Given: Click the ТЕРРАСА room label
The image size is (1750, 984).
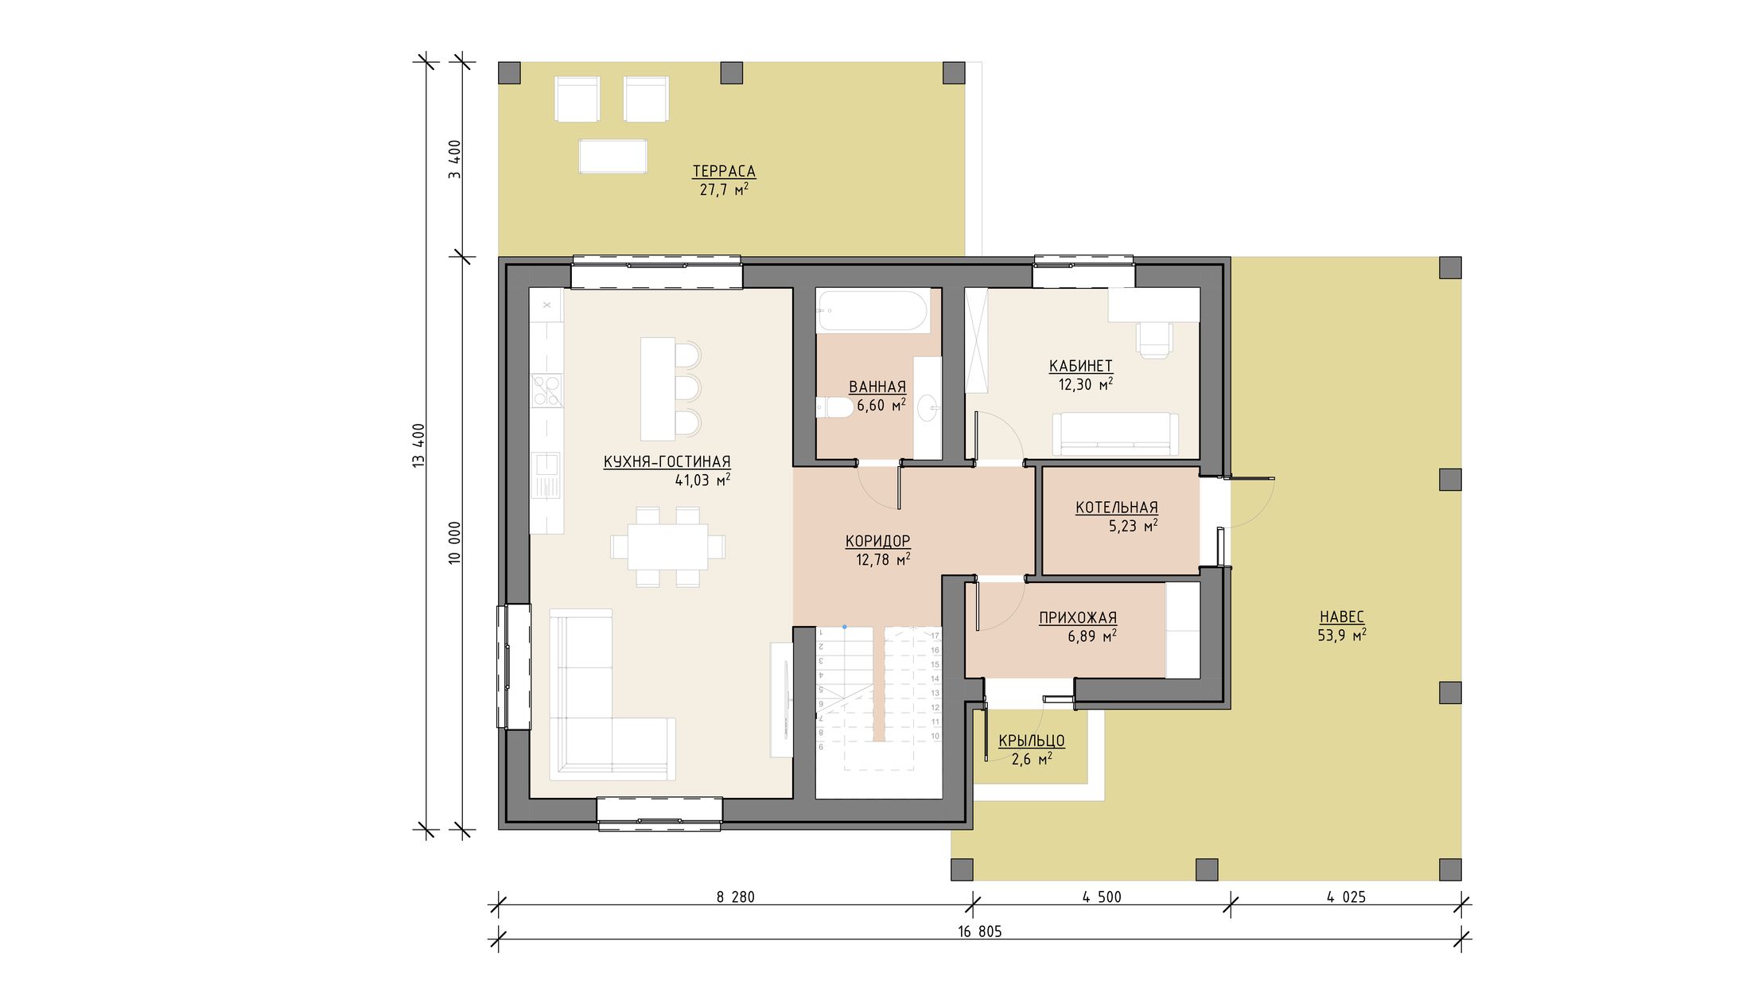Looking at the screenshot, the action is tap(724, 171).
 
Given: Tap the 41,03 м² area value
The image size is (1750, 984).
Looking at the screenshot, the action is tap(702, 480).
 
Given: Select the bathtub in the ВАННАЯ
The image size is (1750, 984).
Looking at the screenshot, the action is tap(873, 311).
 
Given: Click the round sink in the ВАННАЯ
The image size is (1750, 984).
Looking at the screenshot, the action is tap(928, 409).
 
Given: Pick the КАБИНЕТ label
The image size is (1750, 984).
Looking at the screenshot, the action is tap(1080, 366).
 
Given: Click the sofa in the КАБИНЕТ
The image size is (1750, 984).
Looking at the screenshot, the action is tap(1115, 434).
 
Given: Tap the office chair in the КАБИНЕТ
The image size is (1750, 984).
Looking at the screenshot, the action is tap(1154, 340).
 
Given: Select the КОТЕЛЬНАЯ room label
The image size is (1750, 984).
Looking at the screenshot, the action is tap(1117, 508).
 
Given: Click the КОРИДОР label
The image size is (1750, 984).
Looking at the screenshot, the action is tap(877, 541).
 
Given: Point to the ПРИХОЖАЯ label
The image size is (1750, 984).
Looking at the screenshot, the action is tap(1078, 617).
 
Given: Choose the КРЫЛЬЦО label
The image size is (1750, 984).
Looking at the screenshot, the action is tap(1032, 741).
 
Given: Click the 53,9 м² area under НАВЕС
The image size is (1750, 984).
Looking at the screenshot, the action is tap(1342, 635).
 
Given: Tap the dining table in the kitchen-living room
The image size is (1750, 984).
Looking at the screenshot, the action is tap(667, 546).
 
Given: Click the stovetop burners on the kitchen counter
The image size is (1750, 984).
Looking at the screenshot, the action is tap(546, 391).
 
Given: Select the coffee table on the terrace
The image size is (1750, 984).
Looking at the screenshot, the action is tap(612, 156).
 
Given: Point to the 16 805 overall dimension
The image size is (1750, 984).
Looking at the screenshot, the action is tap(980, 931).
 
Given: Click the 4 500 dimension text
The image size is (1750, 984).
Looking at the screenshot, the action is tap(1102, 897).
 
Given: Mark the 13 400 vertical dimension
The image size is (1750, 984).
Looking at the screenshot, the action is tap(419, 445).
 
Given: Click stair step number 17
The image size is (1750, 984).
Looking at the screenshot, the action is tap(935, 636).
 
